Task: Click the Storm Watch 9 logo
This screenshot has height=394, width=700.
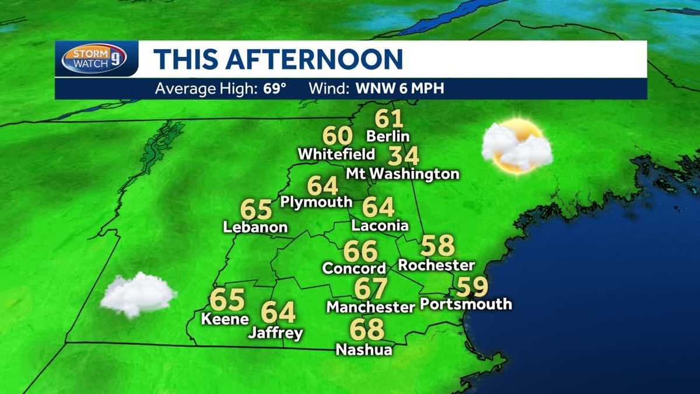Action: pos(94,58)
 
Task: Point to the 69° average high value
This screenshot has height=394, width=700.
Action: pos(276,89)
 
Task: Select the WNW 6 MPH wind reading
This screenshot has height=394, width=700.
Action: pos(397,89)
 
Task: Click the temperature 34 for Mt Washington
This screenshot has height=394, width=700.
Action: pos(404,156)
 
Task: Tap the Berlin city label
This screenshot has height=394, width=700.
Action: pos(388,137)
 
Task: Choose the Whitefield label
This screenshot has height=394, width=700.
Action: pos(336,155)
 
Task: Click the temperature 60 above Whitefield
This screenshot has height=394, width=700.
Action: pos(338,136)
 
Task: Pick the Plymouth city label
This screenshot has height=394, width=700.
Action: pos(317,202)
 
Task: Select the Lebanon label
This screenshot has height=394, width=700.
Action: pos(256,227)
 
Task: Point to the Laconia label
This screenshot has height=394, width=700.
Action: pos(380,225)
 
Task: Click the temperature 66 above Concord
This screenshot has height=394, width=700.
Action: pos(360,251)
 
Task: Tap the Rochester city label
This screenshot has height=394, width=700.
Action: pos(436,265)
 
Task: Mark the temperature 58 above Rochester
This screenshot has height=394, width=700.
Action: pos(437,246)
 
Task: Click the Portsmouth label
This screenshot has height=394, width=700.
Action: pos(466,304)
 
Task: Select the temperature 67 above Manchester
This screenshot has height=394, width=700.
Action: pos(371,288)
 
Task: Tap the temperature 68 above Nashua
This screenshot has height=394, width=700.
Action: pos(367,330)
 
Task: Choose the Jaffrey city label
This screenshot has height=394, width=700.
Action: pos(275,333)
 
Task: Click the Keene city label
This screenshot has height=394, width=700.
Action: pos(225,319)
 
